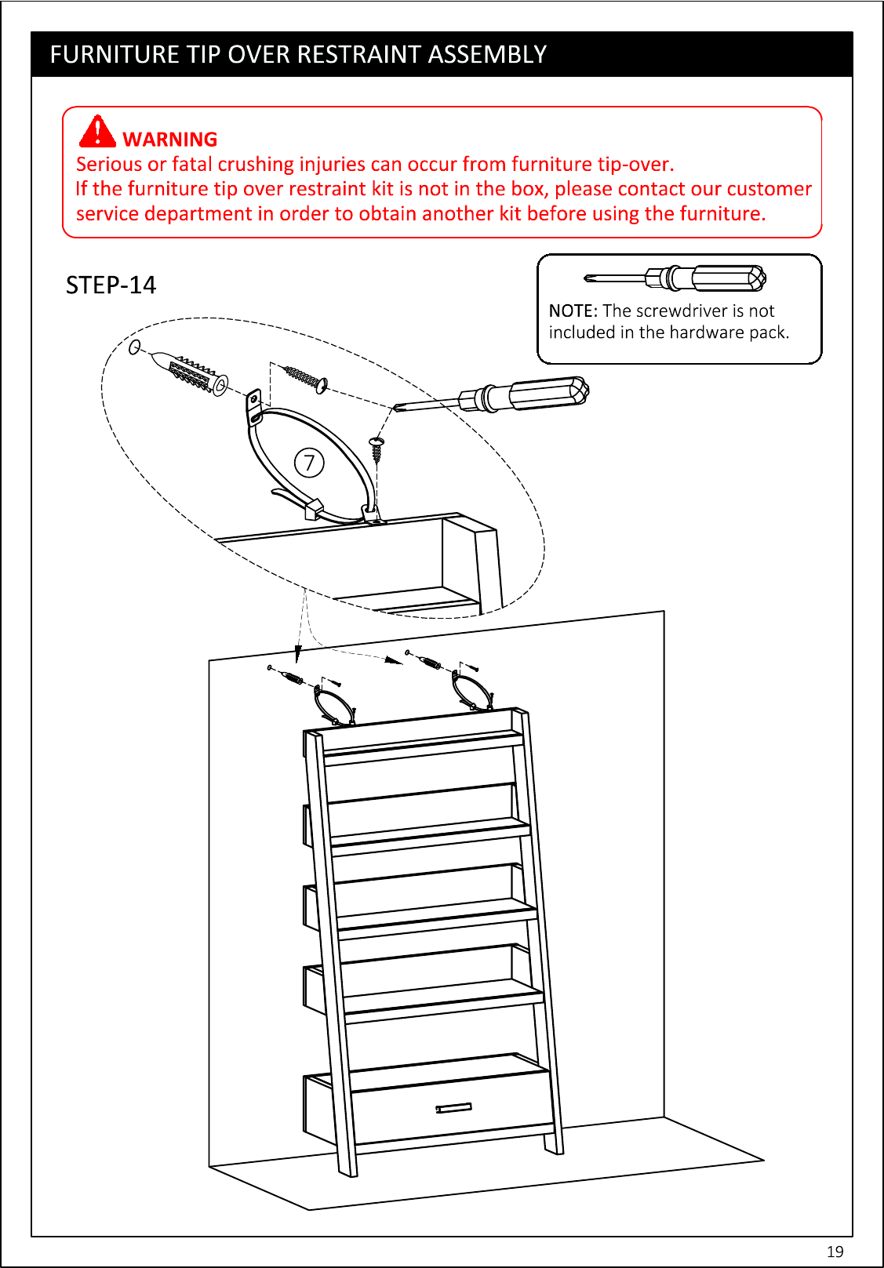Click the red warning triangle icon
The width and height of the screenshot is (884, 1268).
pyautogui.click(x=97, y=131)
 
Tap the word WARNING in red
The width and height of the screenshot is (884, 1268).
pyautogui.click(x=170, y=140)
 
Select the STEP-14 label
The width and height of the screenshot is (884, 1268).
pyautogui.click(x=111, y=285)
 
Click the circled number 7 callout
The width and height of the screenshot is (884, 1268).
pyautogui.click(x=309, y=463)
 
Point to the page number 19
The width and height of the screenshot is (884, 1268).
pyautogui.click(x=835, y=1251)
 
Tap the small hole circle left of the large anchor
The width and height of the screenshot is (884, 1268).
pyautogui.click(x=135, y=347)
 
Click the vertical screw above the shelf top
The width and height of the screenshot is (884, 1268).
pyautogui.click(x=377, y=450)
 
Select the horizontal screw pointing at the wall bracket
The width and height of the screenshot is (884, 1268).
pyautogui.click(x=306, y=378)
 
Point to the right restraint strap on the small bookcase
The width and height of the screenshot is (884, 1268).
pyautogui.click(x=472, y=690)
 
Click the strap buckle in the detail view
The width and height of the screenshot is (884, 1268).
pyautogui.click(x=313, y=508)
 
